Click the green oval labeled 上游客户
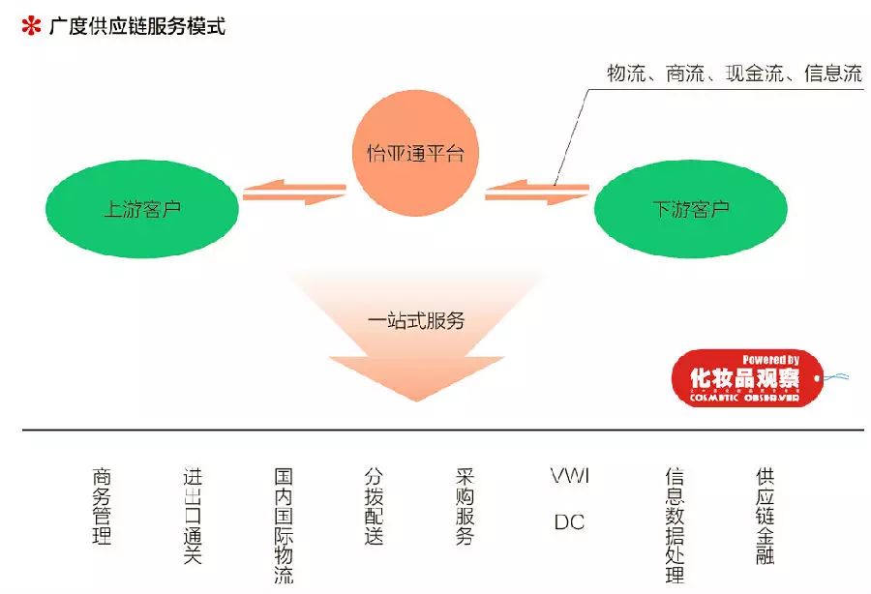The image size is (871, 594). (142, 208)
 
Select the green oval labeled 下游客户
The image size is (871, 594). (689, 209)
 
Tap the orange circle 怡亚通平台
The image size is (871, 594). (416, 153)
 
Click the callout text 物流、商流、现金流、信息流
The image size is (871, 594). (734, 74)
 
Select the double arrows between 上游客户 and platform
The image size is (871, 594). (294, 193)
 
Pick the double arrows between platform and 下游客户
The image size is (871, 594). (536, 193)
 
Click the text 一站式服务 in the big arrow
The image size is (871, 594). (416, 320)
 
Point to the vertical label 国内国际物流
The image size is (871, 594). (284, 526)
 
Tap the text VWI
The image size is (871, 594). (569, 476)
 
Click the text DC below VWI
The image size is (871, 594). (569, 522)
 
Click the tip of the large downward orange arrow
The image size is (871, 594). (416, 400)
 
